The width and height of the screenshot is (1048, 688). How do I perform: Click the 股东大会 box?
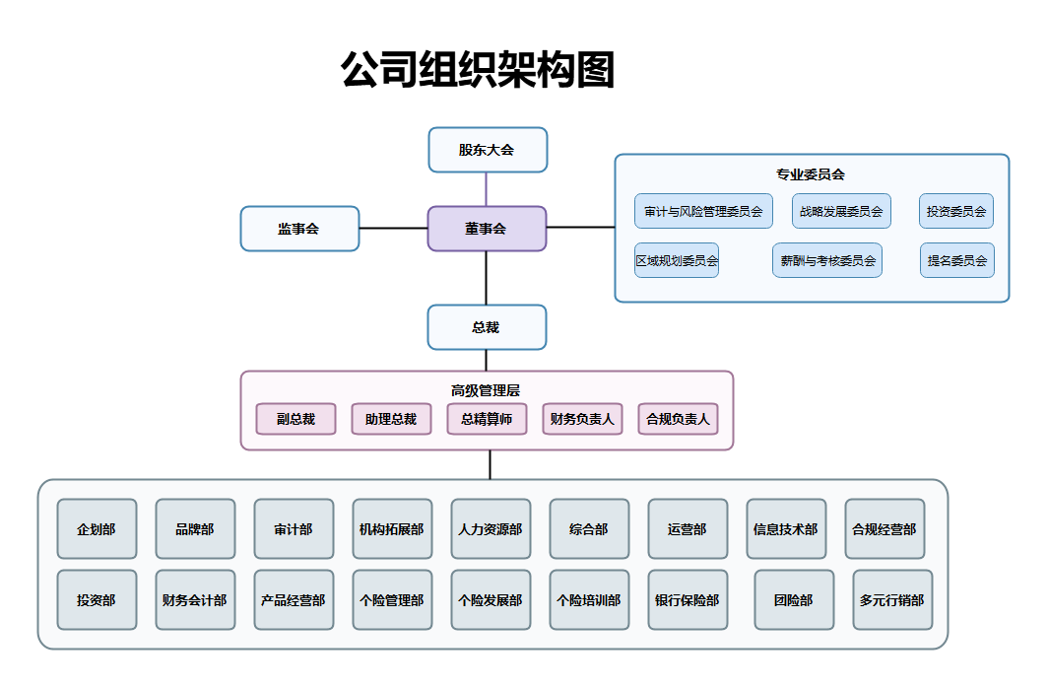click(487, 150)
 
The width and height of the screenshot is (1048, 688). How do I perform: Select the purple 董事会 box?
click(487, 229)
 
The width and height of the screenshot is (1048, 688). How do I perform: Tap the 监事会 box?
click(299, 229)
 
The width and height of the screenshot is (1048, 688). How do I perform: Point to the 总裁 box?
click(487, 327)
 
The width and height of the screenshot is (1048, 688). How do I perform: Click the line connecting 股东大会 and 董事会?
click(487, 189)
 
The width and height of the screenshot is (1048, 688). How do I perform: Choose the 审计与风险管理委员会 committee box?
click(703, 211)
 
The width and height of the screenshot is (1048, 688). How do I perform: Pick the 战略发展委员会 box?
click(841, 211)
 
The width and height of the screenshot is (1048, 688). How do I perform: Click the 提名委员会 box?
click(956, 261)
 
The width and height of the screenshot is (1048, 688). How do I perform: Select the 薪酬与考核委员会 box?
click(827, 261)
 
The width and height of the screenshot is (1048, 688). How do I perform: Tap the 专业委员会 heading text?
click(811, 174)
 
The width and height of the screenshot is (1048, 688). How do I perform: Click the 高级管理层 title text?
click(486, 390)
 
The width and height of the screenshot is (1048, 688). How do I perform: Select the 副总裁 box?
click(295, 419)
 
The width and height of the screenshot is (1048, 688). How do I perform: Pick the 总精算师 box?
click(487, 419)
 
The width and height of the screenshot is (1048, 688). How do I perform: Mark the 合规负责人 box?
click(678, 419)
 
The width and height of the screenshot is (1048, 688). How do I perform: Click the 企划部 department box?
click(97, 529)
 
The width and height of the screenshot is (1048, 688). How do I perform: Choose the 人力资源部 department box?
click(491, 529)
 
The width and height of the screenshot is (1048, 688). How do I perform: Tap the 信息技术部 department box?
click(785, 529)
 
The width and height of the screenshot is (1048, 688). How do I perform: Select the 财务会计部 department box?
click(195, 600)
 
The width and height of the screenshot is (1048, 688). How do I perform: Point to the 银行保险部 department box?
click(688, 600)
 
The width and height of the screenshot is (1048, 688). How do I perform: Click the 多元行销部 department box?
click(891, 600)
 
